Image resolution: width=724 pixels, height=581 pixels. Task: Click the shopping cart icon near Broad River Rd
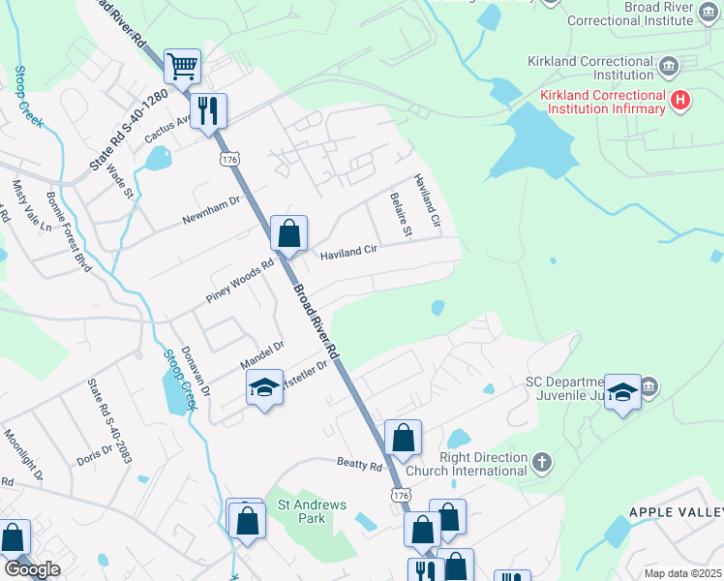click(182, 67)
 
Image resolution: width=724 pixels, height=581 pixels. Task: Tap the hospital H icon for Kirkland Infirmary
click(680, 99)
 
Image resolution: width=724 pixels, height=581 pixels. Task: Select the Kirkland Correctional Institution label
click(590, 68)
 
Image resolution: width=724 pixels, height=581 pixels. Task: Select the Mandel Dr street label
click(261, 355)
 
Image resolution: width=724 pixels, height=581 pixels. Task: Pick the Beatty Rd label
click(360, 466)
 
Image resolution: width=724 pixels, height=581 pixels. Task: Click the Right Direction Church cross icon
click(542, 462)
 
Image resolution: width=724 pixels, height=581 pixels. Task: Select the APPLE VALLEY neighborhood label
click(676, 511)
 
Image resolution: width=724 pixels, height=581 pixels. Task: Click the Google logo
click(32, 569)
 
